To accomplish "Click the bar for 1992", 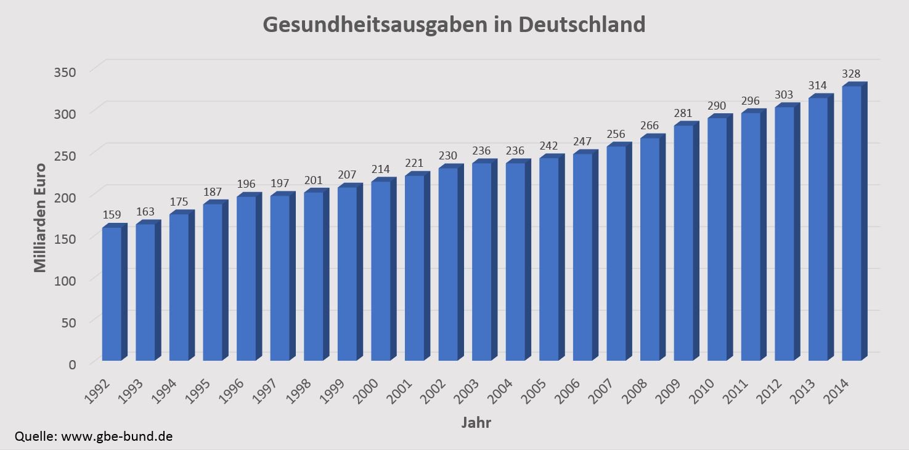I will [112, 294].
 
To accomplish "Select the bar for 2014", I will [851, 223].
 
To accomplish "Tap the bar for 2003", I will [481, 261].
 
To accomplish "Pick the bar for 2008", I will [650, 249].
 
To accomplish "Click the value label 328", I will [851, 73].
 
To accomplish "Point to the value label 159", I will [112, 215].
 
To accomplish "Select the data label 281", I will [683, 113].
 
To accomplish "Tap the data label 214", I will [381, 169].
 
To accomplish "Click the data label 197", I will [280, 183].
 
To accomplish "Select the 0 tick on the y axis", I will [72, 364].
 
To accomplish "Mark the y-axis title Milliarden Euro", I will [40, 217].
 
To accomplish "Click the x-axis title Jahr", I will [476, 423].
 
